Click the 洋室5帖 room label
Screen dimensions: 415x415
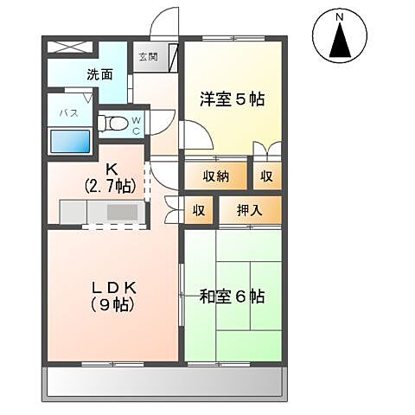[232, 99]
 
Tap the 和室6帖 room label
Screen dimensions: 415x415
[232, 297]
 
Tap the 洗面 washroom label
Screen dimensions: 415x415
[99, 74]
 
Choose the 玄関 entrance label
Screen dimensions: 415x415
[147, 58]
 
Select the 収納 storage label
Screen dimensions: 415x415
[216, 176]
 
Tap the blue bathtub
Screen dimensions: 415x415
[71, 142]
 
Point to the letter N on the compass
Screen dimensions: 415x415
[340, 17]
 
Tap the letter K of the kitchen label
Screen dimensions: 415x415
[111, 170]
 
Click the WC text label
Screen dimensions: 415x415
[136, 126]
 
